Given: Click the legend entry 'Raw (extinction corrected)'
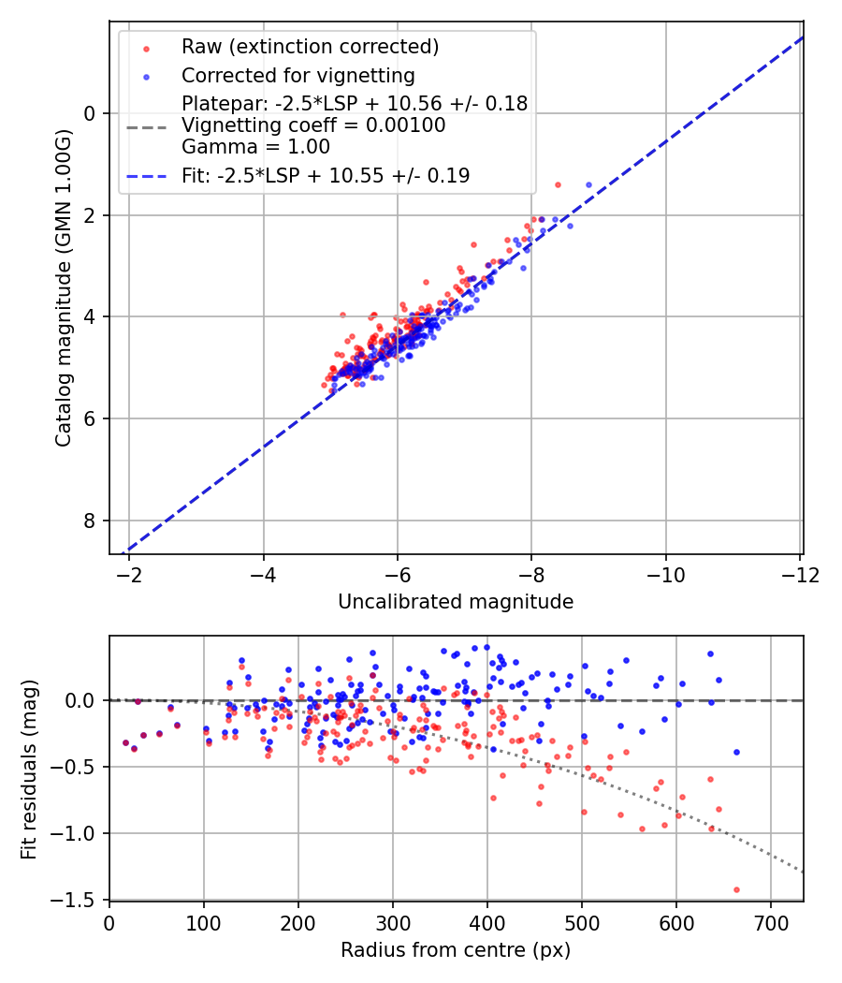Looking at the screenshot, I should coord(310,47).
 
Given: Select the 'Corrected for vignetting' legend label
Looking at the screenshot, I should coord(298,75).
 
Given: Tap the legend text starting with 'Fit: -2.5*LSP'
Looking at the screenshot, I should coord(326,175).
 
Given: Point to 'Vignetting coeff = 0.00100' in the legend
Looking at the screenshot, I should coord(313,125).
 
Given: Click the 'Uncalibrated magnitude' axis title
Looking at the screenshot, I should coord(456,602).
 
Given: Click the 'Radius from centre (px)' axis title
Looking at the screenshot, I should coord(456,950).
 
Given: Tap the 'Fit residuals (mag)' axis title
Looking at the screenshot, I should coord(29,769).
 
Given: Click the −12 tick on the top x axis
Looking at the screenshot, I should coord(800,573).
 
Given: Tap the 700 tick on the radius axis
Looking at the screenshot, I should coord(770,921).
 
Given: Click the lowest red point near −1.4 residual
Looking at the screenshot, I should coord(736,889).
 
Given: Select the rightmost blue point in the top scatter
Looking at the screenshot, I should coord(588,184).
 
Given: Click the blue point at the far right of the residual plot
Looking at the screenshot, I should coord(736,752).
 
